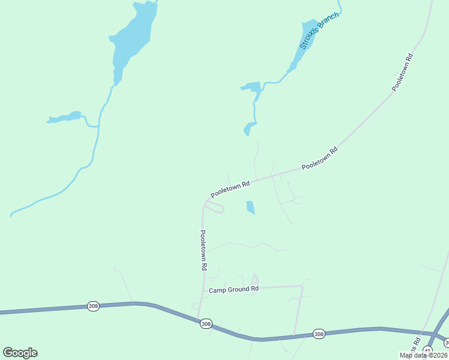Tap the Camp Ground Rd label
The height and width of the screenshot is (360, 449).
234,290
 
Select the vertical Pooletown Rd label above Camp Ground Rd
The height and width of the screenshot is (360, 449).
204,250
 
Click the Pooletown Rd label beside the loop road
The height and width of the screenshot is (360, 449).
230,190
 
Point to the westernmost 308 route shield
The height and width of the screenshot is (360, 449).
92,306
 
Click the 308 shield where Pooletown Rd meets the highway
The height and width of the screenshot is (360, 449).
206,324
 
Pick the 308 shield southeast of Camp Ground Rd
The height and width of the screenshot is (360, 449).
318,334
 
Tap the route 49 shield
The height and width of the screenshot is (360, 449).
427,350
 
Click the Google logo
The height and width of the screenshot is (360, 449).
20,353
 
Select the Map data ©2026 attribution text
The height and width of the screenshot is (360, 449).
423,355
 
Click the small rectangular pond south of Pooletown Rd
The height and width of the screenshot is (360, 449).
250,208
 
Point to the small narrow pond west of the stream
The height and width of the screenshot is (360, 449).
64,117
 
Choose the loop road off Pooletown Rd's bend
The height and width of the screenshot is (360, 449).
214,208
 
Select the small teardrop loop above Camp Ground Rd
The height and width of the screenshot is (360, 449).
255,280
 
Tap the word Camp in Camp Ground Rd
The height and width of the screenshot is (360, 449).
217,290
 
